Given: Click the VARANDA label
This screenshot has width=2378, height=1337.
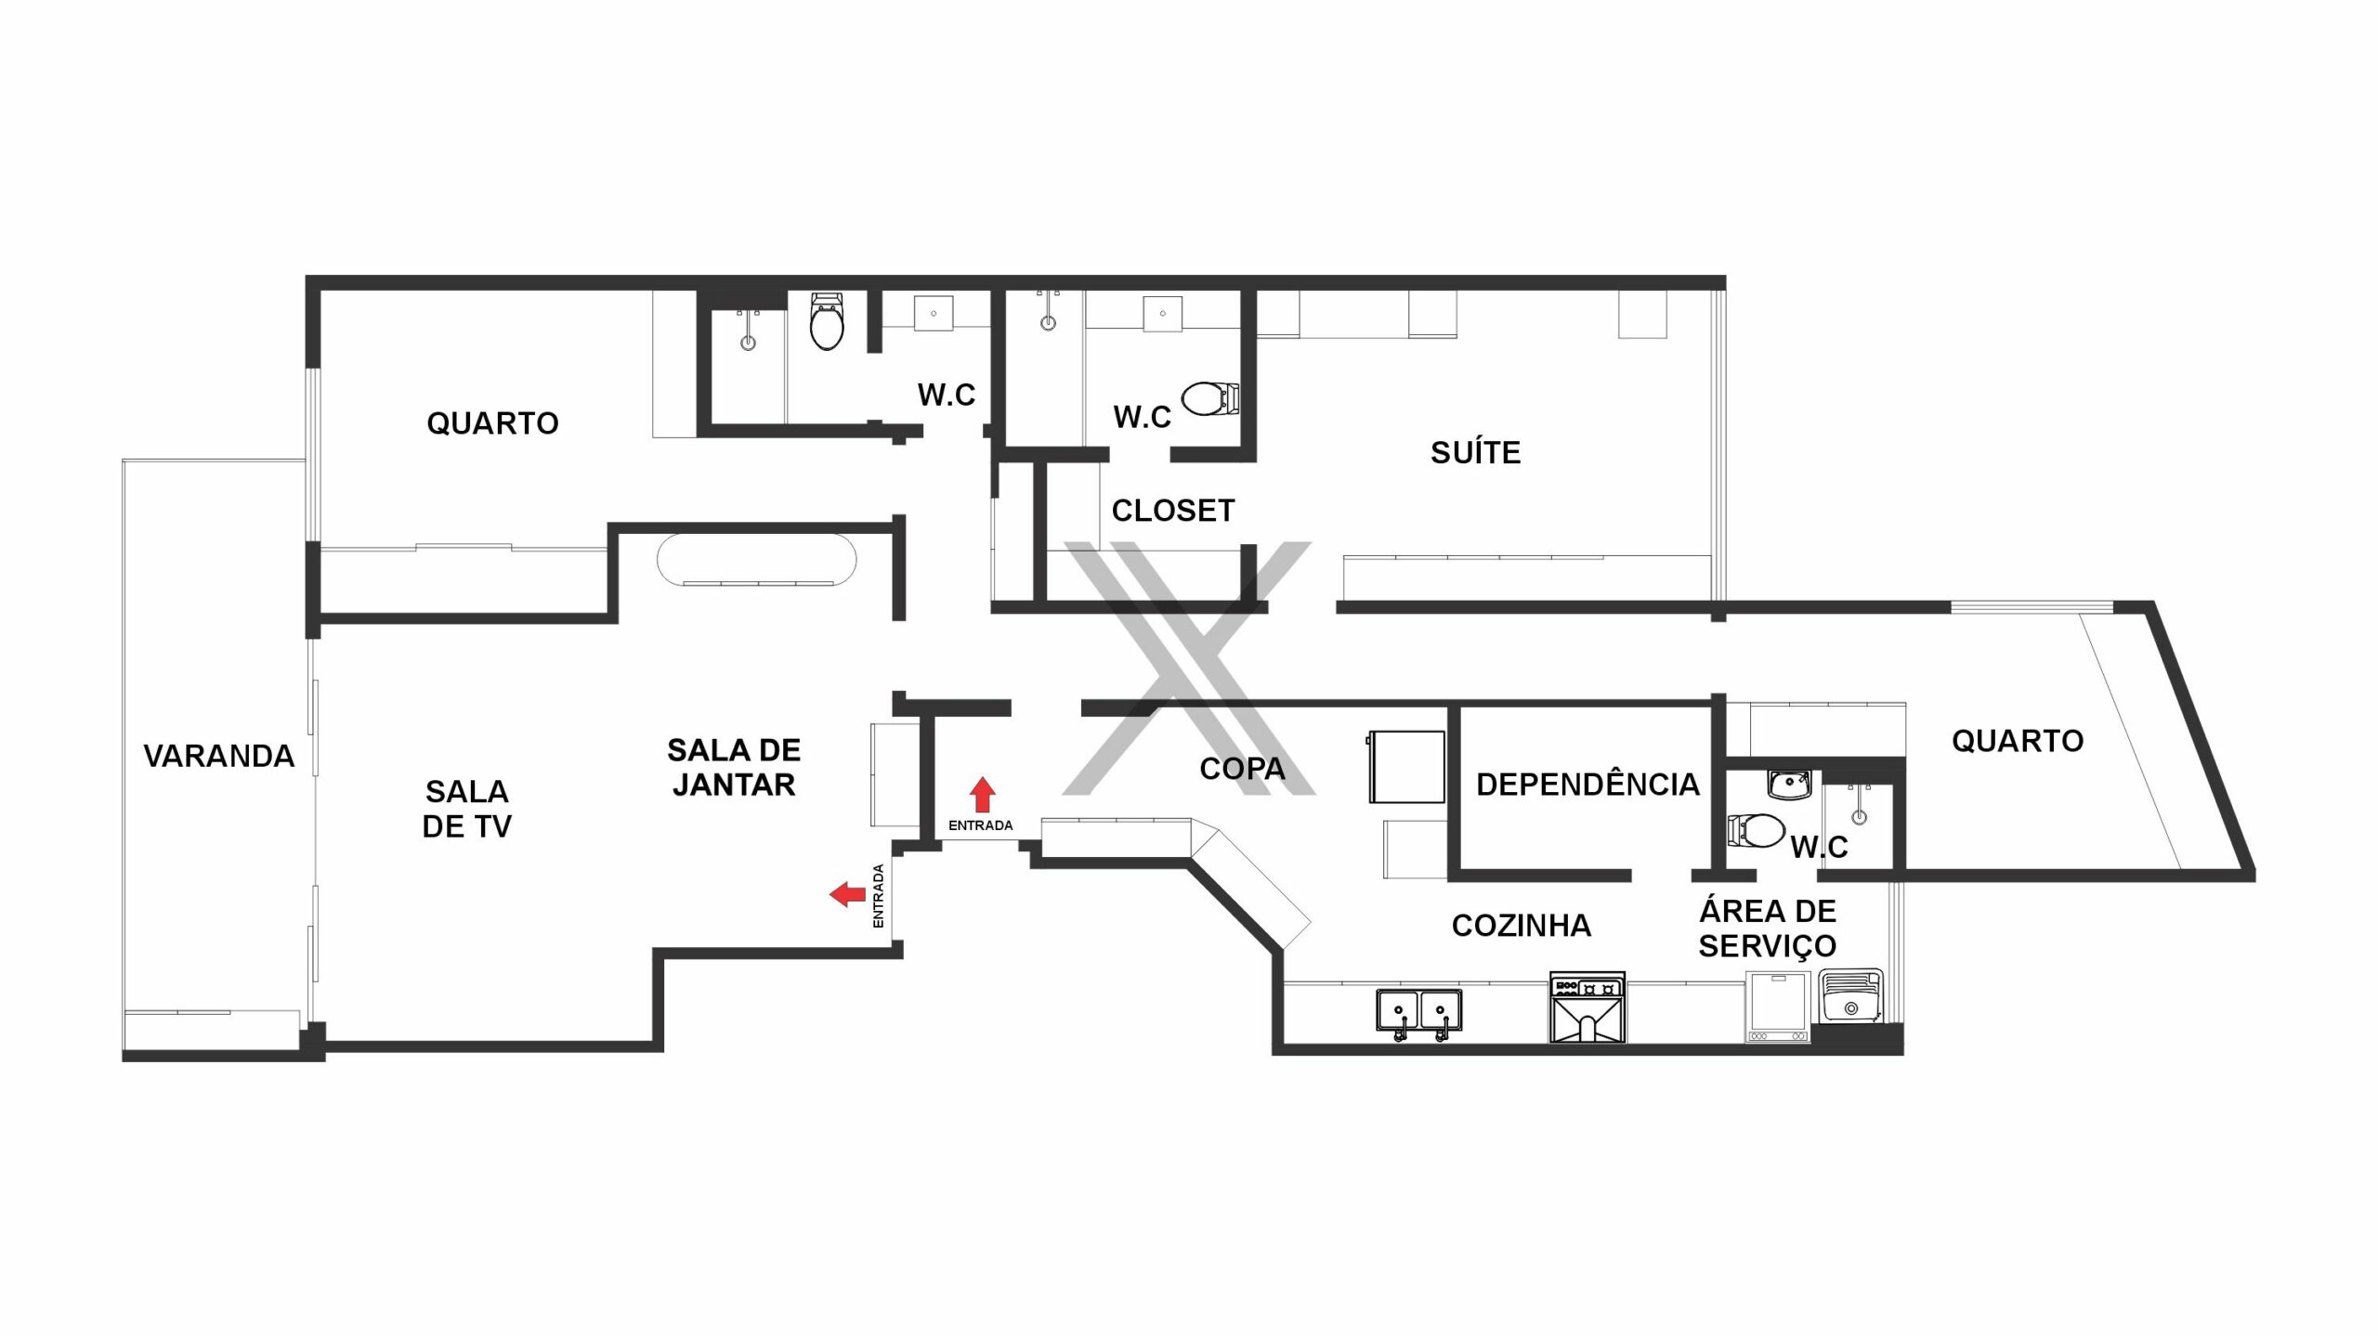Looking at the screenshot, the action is pyautogui.click(x=218, y=756).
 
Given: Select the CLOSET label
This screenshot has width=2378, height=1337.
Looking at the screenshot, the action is pyautogui.click(x=1173, y=510).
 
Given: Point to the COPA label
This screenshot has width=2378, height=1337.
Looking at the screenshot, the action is pyautogui.click(x=1242, y=768).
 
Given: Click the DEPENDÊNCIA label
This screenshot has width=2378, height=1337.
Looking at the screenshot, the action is pyautogui.click(x=1588, y=784).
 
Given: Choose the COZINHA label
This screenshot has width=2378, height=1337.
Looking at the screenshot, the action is pyautogui.click(x=1521, y=925).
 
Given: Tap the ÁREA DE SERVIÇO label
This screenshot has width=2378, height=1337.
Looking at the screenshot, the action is pyautogui.click(x=1767, y=928).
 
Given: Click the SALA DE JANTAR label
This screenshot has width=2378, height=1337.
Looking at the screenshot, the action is pyautogui.click(x=734, y=767).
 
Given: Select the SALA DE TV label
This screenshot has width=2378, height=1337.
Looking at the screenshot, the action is pyautogui.click(x=466, y=809).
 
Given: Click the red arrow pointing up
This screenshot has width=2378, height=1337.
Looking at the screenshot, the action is pyautogui.click(x=983, y=795).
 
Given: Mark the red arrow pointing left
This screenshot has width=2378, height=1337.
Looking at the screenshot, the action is pyautogui.click(x=847, y=894).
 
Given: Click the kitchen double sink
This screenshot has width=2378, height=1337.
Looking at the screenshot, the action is pyautogui.click(x=1418, y=1013).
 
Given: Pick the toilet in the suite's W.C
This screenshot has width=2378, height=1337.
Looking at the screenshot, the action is pyautogui.click(x=1209, y=399).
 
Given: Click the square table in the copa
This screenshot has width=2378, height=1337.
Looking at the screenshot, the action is pyautogui.click(x=1406, y=767).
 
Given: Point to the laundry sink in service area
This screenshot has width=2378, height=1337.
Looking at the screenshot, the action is pyautogui.click(x=1850, y=996).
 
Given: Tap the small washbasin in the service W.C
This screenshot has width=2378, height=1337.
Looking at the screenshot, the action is pyautogui.click(x=1788, y=785).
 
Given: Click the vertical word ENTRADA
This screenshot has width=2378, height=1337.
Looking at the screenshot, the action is pyautogui.click(x=878, y=896).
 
